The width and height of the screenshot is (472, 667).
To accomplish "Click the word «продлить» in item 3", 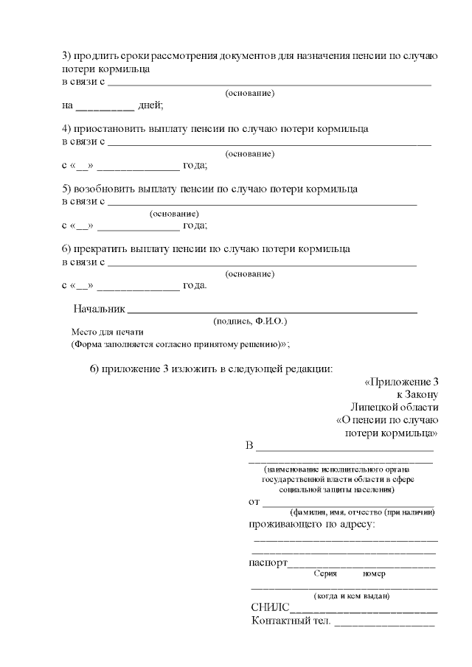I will click(97, 56).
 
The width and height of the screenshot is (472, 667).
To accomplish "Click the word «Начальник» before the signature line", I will click(100, 309).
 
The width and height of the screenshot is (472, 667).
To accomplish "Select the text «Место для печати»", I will click(107, 332).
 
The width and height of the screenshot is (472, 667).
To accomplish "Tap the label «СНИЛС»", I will click(271, 609).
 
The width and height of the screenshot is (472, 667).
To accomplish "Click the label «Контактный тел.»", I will click(291, 622).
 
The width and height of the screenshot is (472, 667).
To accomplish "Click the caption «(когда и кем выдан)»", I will click(352, 596).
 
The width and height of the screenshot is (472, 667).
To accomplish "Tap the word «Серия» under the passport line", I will click(325, 573).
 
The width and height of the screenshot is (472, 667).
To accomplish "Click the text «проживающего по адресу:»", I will click(312, 525).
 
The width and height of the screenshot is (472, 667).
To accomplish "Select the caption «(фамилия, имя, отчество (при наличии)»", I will click(361, 511).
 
